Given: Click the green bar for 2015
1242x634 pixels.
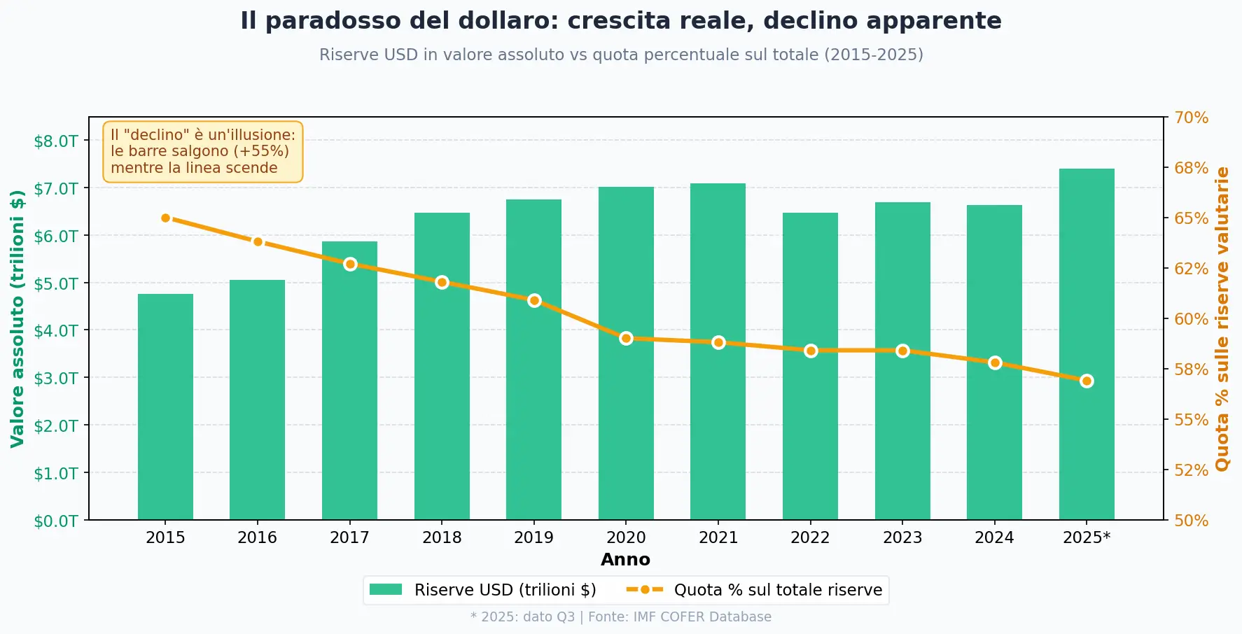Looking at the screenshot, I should pos(165,407).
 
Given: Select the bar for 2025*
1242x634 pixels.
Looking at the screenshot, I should pos(1087,344).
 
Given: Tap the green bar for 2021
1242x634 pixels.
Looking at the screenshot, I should pos(718,351).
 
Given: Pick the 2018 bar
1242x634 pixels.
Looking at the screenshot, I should pos(442,366).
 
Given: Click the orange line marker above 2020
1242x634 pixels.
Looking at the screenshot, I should pos(626,339).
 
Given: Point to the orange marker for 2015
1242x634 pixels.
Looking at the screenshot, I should pos(166,218).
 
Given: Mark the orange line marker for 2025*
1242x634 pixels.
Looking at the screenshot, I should pos(1087,381).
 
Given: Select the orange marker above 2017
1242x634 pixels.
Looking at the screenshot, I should pos(350,264).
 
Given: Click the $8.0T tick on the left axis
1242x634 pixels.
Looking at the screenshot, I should pos(56,141).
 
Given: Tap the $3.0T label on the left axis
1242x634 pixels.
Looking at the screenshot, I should pos(56,378).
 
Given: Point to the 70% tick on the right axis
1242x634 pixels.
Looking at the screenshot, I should pos(1191,118).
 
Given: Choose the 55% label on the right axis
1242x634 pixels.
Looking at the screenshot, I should pos(1191,420).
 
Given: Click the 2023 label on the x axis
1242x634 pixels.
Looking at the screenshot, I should pos(902,537).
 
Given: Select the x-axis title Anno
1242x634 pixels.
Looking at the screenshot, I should pos(625,560).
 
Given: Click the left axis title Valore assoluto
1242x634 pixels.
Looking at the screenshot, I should pos(18,318).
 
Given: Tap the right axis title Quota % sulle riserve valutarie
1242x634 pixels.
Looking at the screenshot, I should pos(1222,318).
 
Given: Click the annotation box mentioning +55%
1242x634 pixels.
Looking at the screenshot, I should pos(203,151).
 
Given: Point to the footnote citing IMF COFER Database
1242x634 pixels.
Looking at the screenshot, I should pos(621,617).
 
